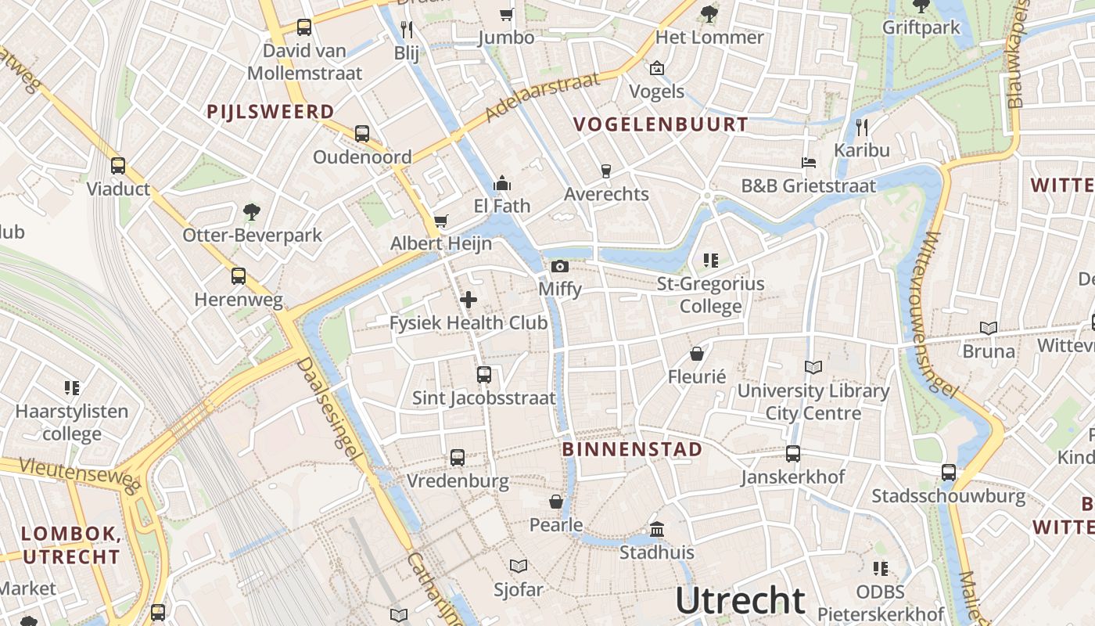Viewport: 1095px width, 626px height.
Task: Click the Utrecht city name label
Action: click(x=740, y=600)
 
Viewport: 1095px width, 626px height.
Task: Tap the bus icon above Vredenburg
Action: click(x=458, y=458)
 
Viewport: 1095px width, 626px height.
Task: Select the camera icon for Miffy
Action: click(x=559, y=267)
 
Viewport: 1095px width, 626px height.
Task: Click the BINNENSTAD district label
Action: click(x=632, y=449)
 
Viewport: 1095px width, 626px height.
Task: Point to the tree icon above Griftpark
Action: click(x=921, y=6)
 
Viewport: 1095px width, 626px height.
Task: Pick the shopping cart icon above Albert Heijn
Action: click(x=441, y=221)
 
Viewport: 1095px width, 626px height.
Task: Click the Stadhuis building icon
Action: click(x=657, y=530)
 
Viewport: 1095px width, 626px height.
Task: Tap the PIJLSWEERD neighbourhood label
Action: click(x=271, y=111)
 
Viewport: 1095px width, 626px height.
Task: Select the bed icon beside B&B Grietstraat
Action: click(x=809, y=163)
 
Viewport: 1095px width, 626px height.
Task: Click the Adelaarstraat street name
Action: click(x=541, y=98)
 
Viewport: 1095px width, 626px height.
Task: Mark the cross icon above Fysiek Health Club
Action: click(x=469, y=299)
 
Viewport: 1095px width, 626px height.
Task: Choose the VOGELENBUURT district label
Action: click(x=661, y=124)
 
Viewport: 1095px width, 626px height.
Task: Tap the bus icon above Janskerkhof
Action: click(x=793, y=454)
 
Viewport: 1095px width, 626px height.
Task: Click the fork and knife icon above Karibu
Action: click(x=862, y=127)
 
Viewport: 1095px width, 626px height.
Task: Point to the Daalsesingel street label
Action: click(x=332, y=415)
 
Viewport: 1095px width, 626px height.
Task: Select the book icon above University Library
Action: click(x=813, y=367)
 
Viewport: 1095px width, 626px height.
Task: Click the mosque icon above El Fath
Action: click(x=502, y=183)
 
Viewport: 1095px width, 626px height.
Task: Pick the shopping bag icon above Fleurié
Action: click(x=697, y=354)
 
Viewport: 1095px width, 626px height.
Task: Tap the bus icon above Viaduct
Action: click(x=118, y=166)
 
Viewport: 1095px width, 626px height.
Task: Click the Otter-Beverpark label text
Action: click(x=252, y=235)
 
